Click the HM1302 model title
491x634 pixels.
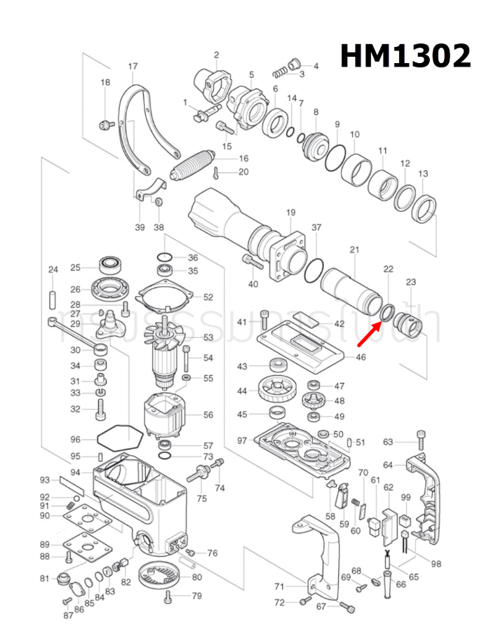405,55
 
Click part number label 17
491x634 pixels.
133,67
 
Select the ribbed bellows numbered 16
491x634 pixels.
194,166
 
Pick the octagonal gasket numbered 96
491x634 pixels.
119,440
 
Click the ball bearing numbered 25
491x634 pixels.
110,266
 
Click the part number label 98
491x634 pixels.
436,563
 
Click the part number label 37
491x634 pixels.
316,227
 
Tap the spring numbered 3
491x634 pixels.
280,70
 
